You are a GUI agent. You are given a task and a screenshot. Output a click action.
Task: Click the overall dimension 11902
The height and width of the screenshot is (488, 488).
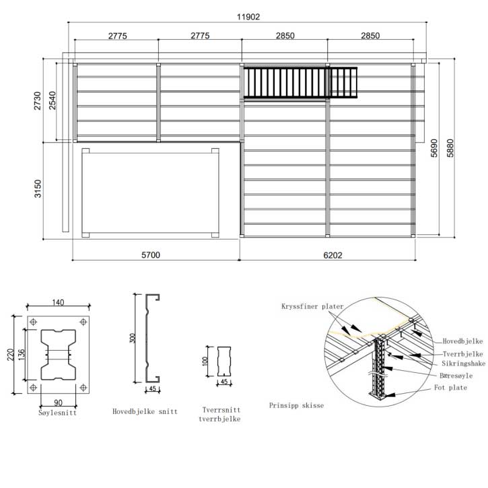(x=248, y=17)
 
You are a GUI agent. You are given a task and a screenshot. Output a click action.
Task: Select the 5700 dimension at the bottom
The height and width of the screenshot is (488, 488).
(x=151, y=255)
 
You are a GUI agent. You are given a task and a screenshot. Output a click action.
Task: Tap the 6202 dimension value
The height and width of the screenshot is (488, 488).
(x=333, y=256)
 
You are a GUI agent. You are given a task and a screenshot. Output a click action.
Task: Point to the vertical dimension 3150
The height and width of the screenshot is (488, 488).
(x=38, y=188)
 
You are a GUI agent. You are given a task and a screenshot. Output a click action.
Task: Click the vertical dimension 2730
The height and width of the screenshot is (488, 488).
(x=37, y=100)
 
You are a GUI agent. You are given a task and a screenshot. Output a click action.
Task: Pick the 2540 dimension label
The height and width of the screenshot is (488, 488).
(x=53, y=100)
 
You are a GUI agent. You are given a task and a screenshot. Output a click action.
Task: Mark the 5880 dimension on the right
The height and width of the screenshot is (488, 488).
(x=450, y=148)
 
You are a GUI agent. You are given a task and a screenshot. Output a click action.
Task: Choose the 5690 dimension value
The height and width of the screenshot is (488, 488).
(x=434, y=148)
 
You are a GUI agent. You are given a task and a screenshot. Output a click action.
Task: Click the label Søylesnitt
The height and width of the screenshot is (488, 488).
(x=57, y=413)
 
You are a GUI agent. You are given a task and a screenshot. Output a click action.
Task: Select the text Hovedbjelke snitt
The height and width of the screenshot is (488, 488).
(x=145, y=411)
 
